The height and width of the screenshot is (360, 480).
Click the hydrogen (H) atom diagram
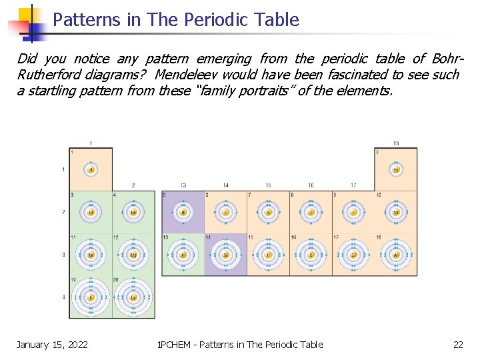click(x=91, y=169)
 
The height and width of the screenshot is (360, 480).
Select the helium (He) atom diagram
click(x=396, y=169)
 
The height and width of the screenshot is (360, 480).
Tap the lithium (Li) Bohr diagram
click(x=91, y=212)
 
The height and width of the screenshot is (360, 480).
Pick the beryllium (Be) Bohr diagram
click(x=133, y=212)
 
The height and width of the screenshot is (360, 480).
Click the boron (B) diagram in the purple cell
click(x=183, y=212)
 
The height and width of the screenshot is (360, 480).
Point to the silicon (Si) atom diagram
click(x=226, y=255)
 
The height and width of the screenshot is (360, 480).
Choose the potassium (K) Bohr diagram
click(x=91, y=297)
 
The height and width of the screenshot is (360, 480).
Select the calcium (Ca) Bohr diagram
click(x=133, y=297)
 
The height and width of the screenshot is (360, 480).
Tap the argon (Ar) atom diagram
click(x=396, y=255)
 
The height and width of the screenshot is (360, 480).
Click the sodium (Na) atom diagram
click(x=91, y=255)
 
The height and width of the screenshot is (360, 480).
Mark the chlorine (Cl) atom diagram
click(x=353, y=255)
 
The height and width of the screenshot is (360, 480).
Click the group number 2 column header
click(x=133, y=185)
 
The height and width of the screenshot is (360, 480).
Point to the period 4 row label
click(x=64, y=297)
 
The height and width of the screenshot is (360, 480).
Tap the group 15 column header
click(x=268, y=185)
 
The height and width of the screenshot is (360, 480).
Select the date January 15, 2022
click(x=52, y=344)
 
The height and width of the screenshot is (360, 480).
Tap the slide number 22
click(x=458, y=344)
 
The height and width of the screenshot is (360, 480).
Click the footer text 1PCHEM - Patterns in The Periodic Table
click(x=239, y=344)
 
